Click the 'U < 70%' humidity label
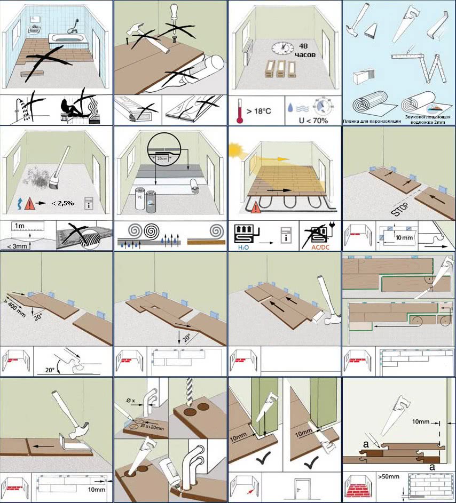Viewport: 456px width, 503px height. pos(299,119)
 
